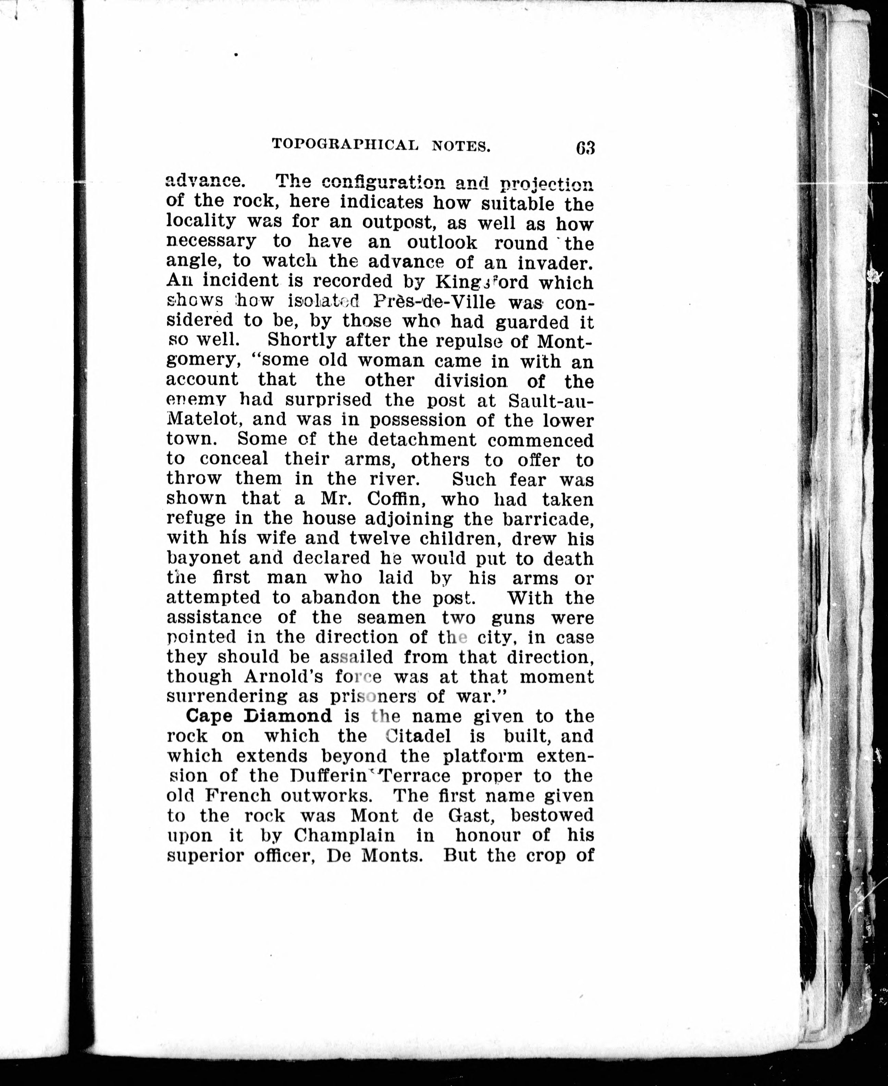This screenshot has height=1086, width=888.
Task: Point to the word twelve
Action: pyautogui.click(x=378, y=539)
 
